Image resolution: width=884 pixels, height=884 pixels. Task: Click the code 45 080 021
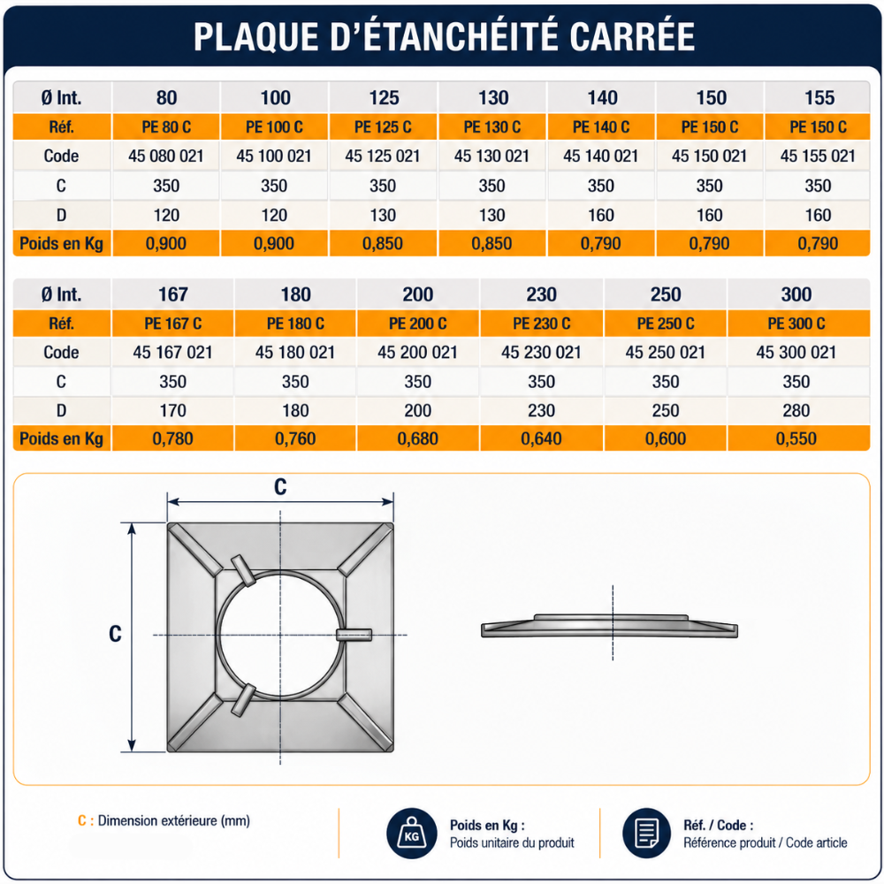click(166, 156)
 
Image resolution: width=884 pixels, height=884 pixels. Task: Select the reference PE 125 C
click(383, 126)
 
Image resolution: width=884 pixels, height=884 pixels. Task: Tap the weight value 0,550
click(796, 438)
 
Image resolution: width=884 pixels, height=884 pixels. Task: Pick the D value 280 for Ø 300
click(796, 410)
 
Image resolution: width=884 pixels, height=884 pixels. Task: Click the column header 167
click(172, 294)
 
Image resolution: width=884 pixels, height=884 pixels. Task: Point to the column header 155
click(819, 98)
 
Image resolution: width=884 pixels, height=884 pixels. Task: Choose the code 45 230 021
click(541, 353)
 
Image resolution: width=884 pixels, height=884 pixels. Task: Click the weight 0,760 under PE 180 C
click(295, 438)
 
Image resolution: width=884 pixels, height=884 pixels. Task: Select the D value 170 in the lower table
click(172, 410)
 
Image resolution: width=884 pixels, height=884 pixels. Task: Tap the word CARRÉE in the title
click(632, 37)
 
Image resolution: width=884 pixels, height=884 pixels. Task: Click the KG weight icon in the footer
click(412, 834)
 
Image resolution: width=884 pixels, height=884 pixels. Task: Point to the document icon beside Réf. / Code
click(647, 834)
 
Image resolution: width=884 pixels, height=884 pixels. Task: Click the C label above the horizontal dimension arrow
click(280, 486)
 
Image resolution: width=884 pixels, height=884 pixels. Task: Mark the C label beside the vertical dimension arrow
click(115, 634)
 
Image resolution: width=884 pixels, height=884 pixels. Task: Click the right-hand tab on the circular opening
click(354, 635)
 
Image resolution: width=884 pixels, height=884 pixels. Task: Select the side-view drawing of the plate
click(609, 626)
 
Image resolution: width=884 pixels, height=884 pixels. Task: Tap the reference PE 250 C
click(666, 324)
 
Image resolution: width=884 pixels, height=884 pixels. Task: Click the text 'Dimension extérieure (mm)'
click(173, 821)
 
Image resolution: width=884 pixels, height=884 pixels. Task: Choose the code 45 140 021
click(600, 156)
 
